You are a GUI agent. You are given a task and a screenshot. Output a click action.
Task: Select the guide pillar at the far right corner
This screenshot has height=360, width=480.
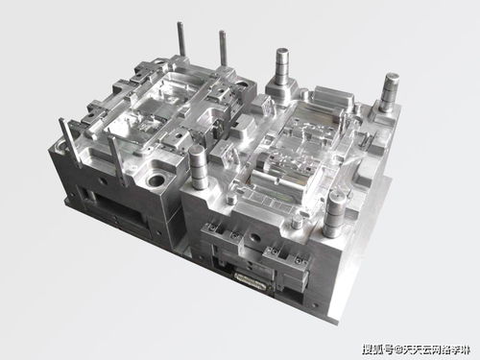pos(391,93)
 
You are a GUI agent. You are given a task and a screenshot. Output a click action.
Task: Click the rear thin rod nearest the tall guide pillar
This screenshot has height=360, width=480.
pos(223,50)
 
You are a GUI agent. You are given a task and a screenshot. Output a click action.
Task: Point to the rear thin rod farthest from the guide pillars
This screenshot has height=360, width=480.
pos(180,44)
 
